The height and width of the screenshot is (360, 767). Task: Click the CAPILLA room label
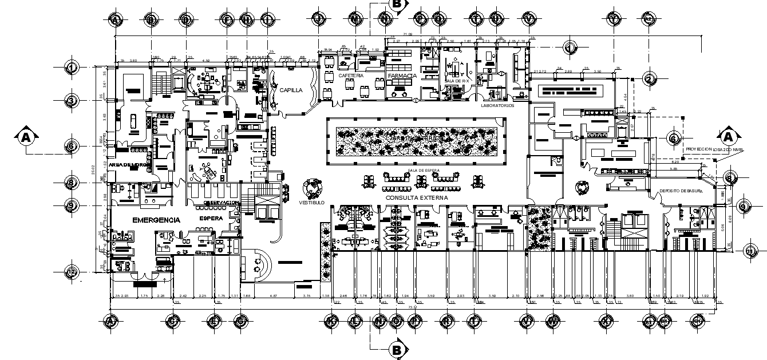click(x=291, y=90)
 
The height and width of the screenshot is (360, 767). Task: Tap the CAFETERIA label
click(x=350, y=76)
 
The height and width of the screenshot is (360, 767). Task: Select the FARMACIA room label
click(x=401, y=76)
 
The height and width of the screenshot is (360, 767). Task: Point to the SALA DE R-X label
click(x=457, y=81)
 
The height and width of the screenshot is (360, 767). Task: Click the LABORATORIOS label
click(x=497, y=105)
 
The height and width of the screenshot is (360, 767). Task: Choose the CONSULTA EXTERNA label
click(x=417, y=197)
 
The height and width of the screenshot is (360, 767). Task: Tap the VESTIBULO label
click(x=311, y=203)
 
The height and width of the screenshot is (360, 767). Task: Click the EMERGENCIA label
click(x=156, y=220)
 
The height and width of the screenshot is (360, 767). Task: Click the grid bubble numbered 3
click(x=72, y=101)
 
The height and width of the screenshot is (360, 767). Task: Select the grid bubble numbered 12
click(x=72, y=272)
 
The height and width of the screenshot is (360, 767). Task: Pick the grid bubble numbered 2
click(x=649, y=78)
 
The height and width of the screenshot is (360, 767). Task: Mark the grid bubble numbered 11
click(x=750, y=251)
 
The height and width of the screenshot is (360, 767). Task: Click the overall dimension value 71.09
click(x=408, y=35)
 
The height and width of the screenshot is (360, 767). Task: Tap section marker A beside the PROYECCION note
click(x=729, y=137)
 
